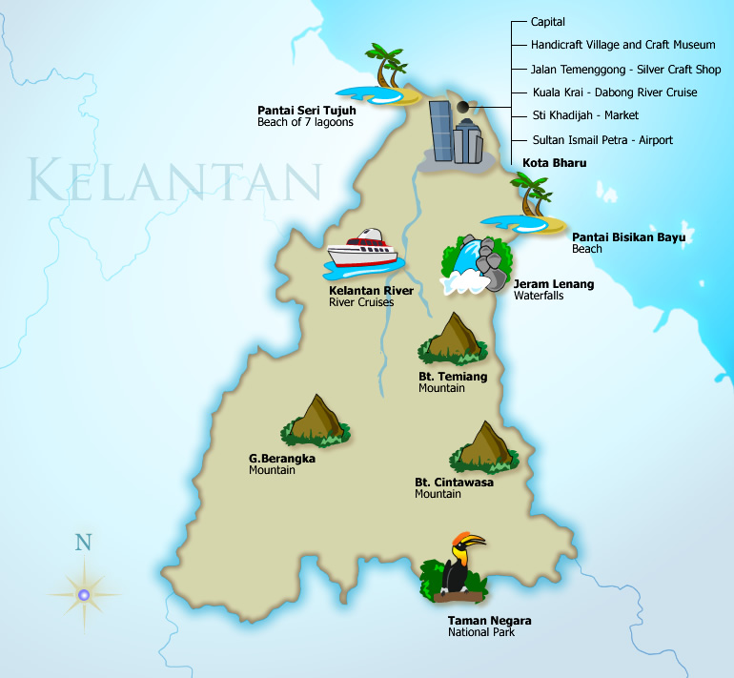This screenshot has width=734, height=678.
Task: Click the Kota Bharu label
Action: coord(555,163)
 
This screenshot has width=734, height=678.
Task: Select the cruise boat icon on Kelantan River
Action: coord(362,250)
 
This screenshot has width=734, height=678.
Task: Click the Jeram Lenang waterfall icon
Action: coord(477,264)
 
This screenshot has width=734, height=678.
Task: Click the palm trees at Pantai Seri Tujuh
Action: coord(389,67)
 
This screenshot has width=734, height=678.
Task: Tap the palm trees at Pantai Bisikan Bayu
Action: coord(530,196)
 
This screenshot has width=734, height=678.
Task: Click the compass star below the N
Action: coord(84,595)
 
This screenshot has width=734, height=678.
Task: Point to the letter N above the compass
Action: coord(84,544)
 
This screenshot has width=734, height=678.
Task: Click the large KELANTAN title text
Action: coord(173,180)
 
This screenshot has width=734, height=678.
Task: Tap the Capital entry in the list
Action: coord(548,21)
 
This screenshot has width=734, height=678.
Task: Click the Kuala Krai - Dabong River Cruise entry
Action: coord(614,92)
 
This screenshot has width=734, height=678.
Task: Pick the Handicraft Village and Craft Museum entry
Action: coord(623,45)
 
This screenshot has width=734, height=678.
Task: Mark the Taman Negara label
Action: coord(490,621)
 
